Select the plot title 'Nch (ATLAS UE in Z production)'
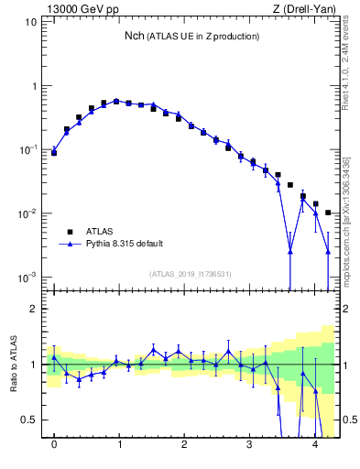[x=191, y=36]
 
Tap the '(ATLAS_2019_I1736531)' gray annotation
[x=191, y=274]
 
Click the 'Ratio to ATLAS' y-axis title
[x=14, y=365]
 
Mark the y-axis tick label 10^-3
[x=27, y=278]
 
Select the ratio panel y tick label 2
[x=33, y=309]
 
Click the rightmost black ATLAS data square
[x=328, y=213]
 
